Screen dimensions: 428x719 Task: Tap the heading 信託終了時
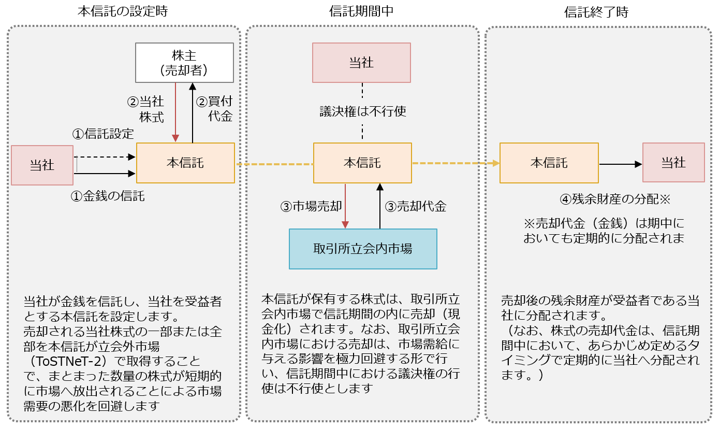pyautogui.click(x=596, y=12)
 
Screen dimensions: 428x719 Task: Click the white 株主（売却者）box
pyautogui.click(x=184, y=63)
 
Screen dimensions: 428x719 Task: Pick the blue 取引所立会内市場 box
pyautogui.click(x=363, y=249)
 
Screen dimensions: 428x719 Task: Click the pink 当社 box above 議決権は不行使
pyautogui.click(x=361, y=63)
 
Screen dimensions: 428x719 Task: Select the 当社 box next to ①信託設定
pyautogui.click(x=42, y=165)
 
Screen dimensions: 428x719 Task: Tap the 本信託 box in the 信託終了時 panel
pyautogui.click(x=549, y=163)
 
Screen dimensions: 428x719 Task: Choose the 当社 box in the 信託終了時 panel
pyautogui.click(x=673, y=163)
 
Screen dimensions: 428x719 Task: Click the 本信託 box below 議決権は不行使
pyautogui.click(x=362, y=163)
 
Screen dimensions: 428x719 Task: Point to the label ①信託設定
pyautogui.click(x=103, y=134)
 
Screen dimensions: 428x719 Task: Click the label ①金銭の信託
pyautogui.click(x=108, y=196)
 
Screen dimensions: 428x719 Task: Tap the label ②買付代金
pyautogui.click(x=214, y=109)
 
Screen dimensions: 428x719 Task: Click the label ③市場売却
pyautogui.click(x=311, y=207)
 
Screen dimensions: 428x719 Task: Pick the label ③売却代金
pyautogui.click(x=416, y=207)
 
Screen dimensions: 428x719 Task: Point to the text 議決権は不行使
pyautogui.click(x=362, y=111)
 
